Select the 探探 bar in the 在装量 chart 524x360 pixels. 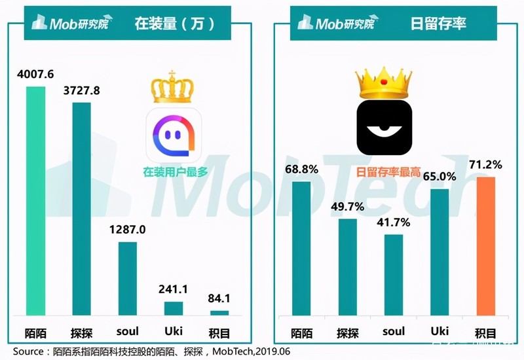click(x=81, y=209)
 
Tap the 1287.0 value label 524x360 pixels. click(x=127, y=230)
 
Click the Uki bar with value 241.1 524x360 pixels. click(x=174, y=309)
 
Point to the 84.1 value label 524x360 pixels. click(x=219, y=298)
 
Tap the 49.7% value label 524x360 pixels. click(x=347, y=207)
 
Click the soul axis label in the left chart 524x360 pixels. click(x=128, y=332)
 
